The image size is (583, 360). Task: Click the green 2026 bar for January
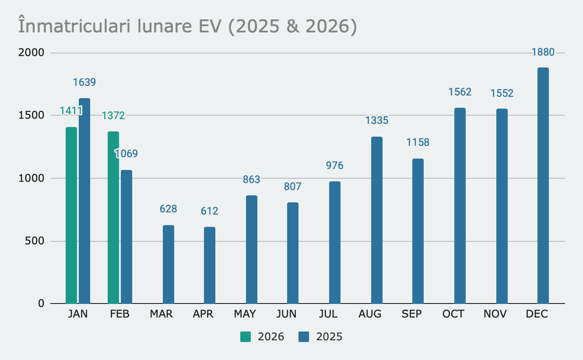(71, 215)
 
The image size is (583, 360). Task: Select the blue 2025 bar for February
(126, 236)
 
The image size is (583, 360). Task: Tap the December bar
(543, 185)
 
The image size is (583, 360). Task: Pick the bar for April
(210, 265)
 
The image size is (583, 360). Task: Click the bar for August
(377, 220)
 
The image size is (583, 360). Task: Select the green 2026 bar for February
(113, 217)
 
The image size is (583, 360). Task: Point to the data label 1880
(543, 53)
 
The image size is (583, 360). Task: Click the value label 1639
(84, 82)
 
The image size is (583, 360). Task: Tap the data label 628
(169, 209)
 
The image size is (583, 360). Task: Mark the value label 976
(335, 166)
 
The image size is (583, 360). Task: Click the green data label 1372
(113, 116)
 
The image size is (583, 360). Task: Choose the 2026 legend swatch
(246, 337)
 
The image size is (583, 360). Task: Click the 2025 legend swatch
(304, 337)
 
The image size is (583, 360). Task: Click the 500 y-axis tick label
(35, 241)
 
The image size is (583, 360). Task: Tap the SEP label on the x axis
(412, 314)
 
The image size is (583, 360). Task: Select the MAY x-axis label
(245, 314)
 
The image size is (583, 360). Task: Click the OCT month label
(453, 314)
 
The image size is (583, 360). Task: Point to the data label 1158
(418, 142)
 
